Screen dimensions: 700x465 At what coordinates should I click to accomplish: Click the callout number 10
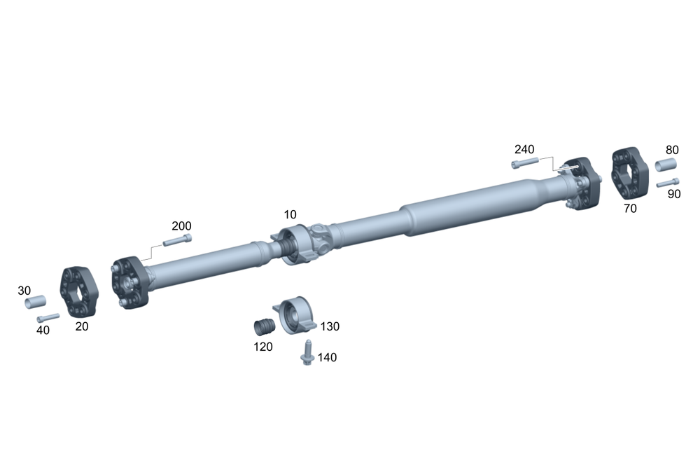[x=290, y=215]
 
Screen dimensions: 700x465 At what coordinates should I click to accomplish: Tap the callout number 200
[x=182, y=226]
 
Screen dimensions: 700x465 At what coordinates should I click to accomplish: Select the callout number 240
[x=524, y=149]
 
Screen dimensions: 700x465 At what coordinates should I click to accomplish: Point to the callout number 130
[x=330, y=326]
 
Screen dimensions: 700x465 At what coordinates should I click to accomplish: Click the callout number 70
[x=630, y=209]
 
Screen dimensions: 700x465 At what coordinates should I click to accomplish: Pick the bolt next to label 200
[x=177, y=240]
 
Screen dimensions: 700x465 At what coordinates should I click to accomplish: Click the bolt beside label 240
[x=525, y=162]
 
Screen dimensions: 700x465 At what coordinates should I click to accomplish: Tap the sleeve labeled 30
[x=35, y=302]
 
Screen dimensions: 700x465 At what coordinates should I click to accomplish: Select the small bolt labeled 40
[x=48, y=318]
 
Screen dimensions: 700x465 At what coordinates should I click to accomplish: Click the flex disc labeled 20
[x=78, y=292]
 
